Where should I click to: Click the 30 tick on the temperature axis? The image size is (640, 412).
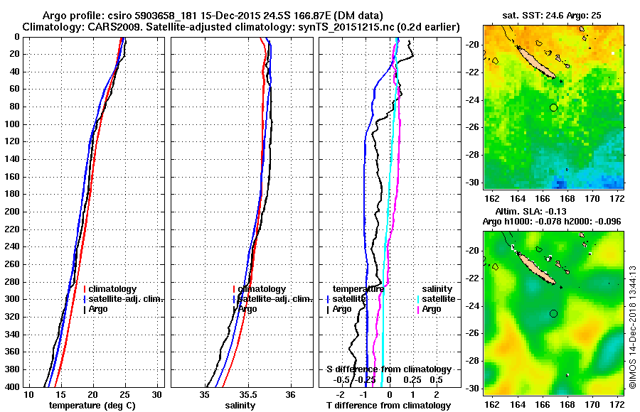(157, 394)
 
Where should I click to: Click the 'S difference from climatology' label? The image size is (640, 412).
(388, 369)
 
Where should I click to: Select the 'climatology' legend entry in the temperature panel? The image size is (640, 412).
(113, 289)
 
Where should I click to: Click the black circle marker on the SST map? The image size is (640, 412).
(553, 107)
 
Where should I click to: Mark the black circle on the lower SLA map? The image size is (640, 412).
(553, 313)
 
